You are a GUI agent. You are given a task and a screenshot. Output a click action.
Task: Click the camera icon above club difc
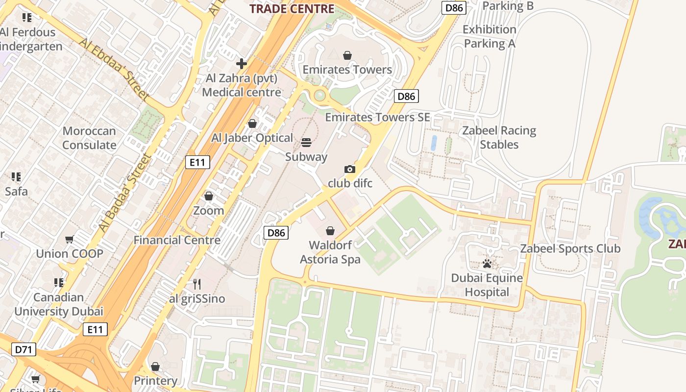pos(349,169)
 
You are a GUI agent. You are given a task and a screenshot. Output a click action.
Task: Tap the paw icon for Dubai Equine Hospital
pos(487,264)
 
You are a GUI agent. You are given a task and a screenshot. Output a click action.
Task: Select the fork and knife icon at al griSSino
pos(196,284)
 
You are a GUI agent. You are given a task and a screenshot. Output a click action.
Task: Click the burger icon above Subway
pos(306,143)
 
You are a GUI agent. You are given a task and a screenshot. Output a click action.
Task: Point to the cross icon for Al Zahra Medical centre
pos(241,64)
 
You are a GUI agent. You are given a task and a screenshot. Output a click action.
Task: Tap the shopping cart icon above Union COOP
pos(70,240)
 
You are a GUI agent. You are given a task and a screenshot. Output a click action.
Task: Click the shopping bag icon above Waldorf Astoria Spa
pos(330,231)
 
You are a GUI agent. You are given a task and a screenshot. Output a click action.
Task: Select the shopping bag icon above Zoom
pos(209,196)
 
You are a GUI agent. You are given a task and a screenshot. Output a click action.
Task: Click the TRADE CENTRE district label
pos(292,8)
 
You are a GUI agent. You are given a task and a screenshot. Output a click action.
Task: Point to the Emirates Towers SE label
pos(377,117)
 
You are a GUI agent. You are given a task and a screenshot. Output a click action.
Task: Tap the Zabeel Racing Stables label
pos(499,138)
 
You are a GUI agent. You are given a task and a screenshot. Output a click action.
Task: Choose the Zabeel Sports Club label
pos(570,248)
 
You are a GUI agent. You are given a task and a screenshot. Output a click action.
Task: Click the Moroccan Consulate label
pos(89,138)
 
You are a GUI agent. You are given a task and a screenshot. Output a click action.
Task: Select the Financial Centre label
pos(177,240)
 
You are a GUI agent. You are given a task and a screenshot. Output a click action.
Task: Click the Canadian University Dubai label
pos(58,304)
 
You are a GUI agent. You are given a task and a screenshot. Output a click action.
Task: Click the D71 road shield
pos(24,349)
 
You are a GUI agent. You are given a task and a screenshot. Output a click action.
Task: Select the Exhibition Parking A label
pos(490,36)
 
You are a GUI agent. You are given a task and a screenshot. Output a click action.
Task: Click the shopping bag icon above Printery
pos(155,367)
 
